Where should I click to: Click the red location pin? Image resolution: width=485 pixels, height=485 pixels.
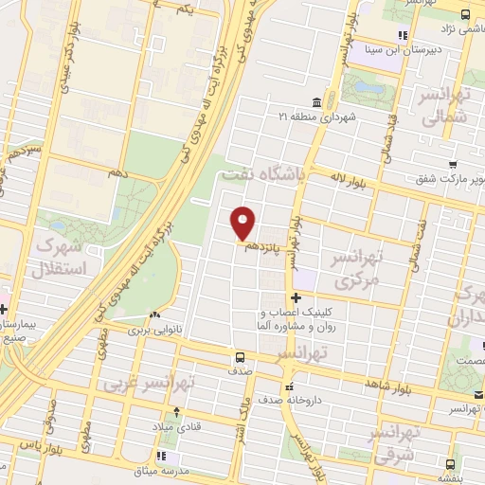click(243, 223)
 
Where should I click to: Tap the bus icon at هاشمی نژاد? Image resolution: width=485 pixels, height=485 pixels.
click(465, 14)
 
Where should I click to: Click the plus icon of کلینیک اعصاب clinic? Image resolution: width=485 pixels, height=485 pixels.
click(296, 297)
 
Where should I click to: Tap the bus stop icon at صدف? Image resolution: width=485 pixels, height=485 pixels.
click(240, 358)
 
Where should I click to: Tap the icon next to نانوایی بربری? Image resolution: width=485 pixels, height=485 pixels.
click(153, 316)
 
